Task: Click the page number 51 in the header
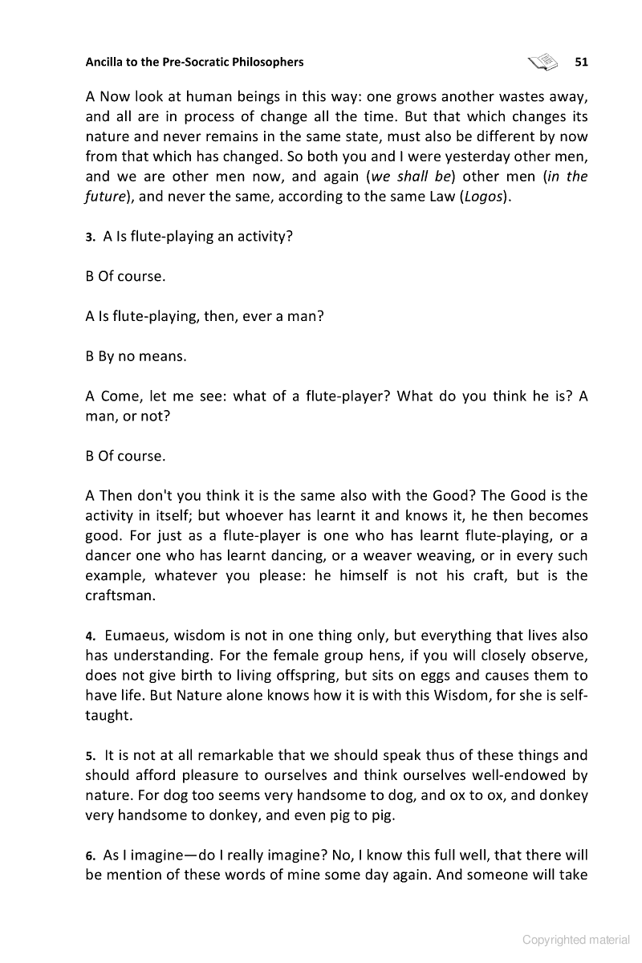pos(582,62)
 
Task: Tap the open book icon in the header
pos(543,61)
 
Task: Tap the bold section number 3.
pos(91,238)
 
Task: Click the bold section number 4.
pos(91,636)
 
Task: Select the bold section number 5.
pos(91,756)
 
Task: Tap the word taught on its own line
pos(108,716)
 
